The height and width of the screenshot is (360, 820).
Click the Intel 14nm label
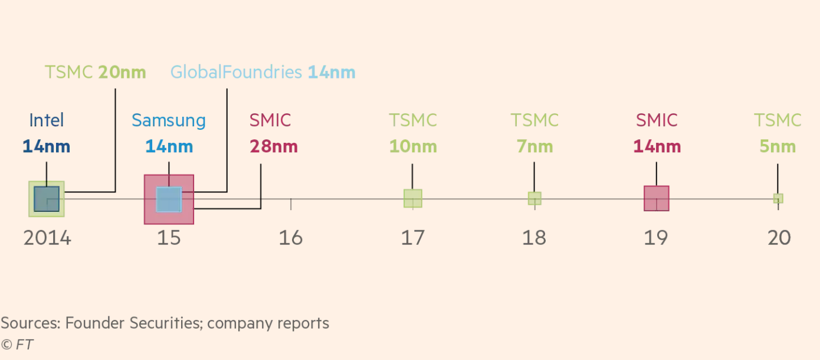click(x=46, y=133)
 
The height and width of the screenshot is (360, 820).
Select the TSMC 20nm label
click(x=96, y=73)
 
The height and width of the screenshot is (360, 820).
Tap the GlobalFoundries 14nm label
click(x=263, y=73)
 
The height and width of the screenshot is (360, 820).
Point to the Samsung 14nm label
click(x=169, y=133)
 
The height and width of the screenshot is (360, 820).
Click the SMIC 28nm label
click(x=273, y=133)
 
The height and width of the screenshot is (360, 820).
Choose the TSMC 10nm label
click(x=412, y=133)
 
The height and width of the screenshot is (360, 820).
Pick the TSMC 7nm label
click(x=534, y=133)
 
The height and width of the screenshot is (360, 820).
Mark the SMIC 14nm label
click(x=657, y=133)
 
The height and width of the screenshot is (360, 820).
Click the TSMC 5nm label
click(x=778, y=133)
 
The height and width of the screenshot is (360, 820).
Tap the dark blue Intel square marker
click(x=47, y=199)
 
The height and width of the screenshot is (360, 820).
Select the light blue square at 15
click(x=169, y=199)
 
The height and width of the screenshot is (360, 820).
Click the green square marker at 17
click(x=412, y=198)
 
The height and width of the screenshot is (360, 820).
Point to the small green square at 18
click(x=534, y=198)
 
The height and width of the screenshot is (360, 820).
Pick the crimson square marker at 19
click(x=657, y=198)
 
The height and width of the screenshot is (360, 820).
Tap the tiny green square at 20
click(x=778, y=198)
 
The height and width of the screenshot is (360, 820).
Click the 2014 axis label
click(x=47, y=238)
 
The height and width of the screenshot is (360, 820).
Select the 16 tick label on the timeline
click(x=291, y=238)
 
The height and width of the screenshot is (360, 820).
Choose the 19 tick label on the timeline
click(x=657, y=238)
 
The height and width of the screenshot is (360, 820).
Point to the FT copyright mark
click(x=17, y=345)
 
